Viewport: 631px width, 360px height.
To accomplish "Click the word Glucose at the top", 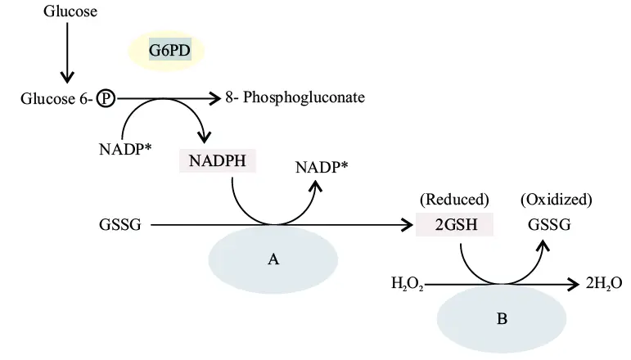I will (x=70, y=11).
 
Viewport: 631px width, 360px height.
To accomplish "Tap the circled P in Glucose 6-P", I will (x=106, y=99).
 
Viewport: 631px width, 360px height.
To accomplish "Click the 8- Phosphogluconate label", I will (x=295, y=98).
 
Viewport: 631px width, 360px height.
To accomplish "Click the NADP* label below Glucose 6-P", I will (x=124, y=150).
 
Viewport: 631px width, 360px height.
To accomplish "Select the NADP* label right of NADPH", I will (x=322, y=169).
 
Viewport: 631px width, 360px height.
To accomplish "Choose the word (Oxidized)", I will (x=557, y=199).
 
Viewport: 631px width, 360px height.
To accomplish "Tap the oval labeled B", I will (x=502, y=317).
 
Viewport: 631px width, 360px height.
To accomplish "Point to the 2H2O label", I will (x=605, y=284).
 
